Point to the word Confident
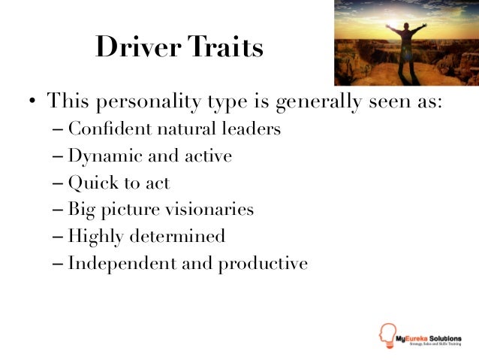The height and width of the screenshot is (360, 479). [110, 129]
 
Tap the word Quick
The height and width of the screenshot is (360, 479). [88, 183]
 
